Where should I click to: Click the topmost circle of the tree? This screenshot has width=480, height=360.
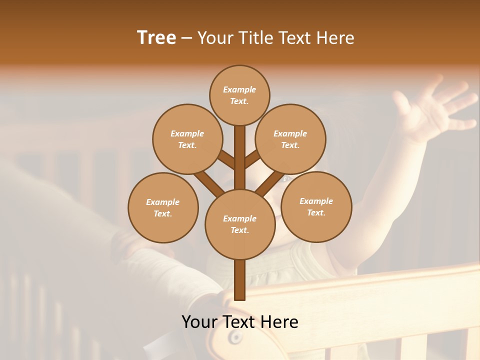239,95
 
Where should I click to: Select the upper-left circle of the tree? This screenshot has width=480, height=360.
187,139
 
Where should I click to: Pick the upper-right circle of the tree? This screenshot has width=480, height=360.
290,139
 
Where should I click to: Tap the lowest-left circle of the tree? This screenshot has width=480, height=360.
163,207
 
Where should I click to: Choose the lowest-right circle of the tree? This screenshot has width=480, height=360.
316,206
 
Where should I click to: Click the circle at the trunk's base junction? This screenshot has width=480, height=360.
240,224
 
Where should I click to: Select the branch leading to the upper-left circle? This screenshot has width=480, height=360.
226,160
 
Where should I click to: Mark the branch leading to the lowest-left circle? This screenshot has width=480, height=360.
209,183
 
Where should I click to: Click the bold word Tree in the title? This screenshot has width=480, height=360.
156,37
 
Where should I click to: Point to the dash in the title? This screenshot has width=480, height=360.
187,38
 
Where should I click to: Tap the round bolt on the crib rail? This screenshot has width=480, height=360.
234,338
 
